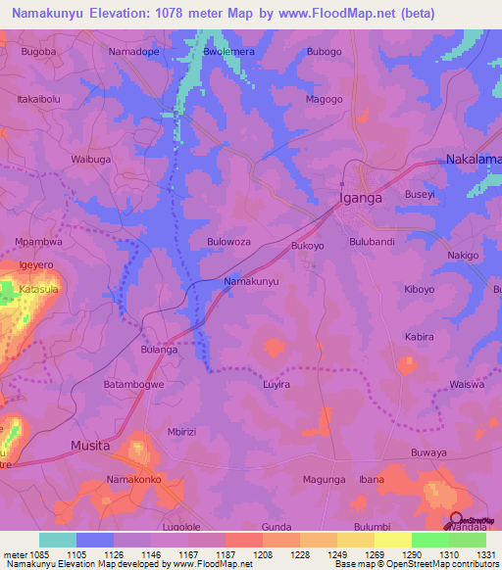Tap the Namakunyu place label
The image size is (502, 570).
252,282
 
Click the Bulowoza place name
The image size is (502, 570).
229,241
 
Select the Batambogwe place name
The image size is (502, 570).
135,385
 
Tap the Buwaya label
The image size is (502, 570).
428,453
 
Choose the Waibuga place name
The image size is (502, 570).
91,159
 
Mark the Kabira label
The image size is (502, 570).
419,337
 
